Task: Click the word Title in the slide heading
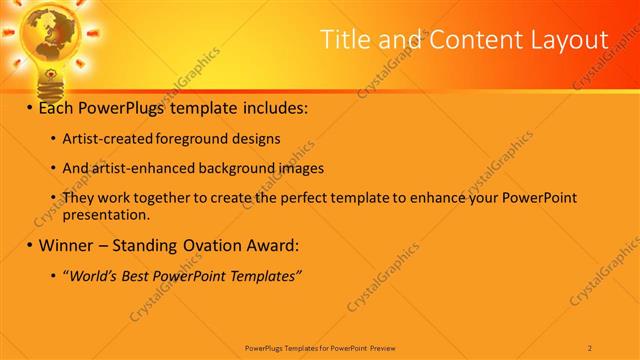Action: pos(344,39)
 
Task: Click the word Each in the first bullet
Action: pos(56,106)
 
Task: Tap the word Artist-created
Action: pos(107,139)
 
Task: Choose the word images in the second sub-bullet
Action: pos(300,168)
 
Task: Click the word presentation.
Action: pos(106,214)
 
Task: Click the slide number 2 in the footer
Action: pos(590,347)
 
